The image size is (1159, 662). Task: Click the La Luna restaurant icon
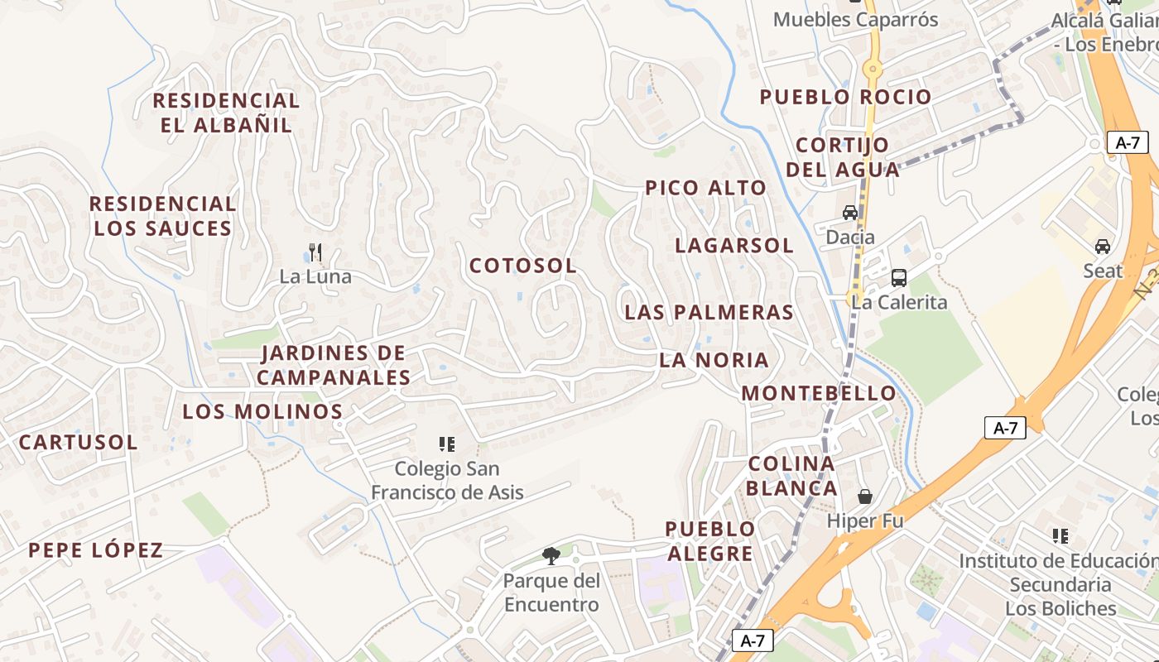point(315,252)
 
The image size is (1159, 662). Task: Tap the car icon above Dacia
point(850,213)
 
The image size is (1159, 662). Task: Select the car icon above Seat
point(1103,247)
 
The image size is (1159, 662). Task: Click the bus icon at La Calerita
point(899,278)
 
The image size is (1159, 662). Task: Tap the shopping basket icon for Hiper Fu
point(865,496)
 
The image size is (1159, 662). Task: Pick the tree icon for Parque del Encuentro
point(551,555)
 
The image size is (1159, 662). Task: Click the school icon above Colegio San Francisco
point(447,444)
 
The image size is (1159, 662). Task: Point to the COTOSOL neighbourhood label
point(522,266)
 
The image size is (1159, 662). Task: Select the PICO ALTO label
point(706,188)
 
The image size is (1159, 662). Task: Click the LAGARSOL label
point(734,246)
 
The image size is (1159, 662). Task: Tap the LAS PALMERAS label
point(709,313)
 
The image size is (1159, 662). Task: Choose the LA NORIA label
point(714,361)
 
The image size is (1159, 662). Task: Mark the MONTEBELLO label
point(819,394)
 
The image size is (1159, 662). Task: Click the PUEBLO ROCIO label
point(846,97)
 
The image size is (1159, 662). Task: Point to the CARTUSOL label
point(78,443)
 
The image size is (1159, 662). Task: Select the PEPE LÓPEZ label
point(95,550)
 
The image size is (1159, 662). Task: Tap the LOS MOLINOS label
point(262,411)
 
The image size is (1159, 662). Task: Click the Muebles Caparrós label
point(856,20)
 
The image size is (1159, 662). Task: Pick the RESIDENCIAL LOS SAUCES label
point(162,216)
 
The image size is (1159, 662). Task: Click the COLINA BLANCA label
point(792,476)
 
